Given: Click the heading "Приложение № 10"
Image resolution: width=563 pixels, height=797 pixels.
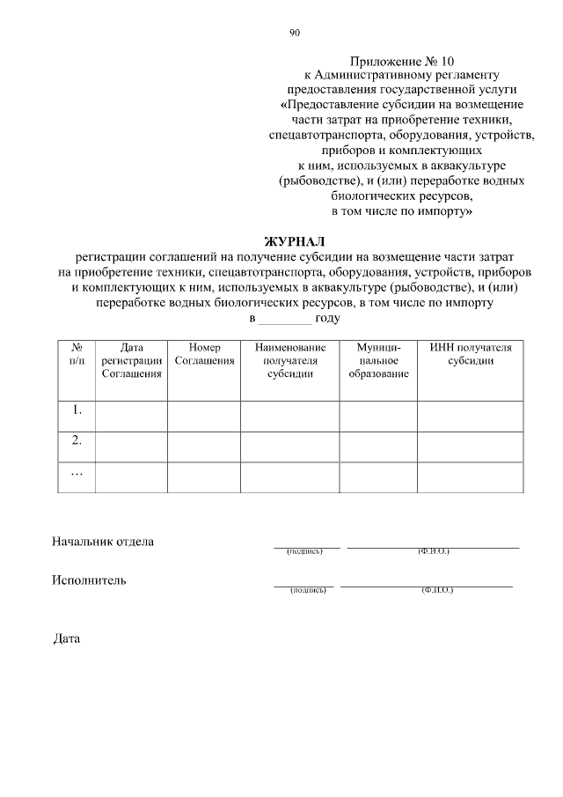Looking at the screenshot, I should pos(403,61).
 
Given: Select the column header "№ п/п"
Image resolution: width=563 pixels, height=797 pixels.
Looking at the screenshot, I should pos(76,354).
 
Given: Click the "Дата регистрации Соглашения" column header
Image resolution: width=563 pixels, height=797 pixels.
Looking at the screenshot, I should pos(130,361).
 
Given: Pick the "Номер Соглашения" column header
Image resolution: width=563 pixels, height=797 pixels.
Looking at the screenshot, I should pos(204,354).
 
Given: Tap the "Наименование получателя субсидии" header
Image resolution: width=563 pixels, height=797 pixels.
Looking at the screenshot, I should pos(289,361).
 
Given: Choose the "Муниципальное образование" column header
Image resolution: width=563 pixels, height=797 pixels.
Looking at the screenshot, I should pos(378,361).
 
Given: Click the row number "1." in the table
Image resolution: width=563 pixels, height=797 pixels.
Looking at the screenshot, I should pos(77,410).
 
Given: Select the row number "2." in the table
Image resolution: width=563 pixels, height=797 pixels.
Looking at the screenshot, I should pos(77,440).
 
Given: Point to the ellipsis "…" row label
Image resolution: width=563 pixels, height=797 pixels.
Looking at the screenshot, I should pos(77,473).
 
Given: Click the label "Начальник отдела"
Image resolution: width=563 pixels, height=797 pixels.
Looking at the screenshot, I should pos(103,541).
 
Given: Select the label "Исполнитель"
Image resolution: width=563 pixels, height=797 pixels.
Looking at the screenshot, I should pos(89,579).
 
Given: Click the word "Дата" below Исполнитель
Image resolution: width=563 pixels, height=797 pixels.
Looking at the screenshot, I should pos(67,638).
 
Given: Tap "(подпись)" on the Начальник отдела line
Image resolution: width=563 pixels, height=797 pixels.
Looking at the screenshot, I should pos(306,552).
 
